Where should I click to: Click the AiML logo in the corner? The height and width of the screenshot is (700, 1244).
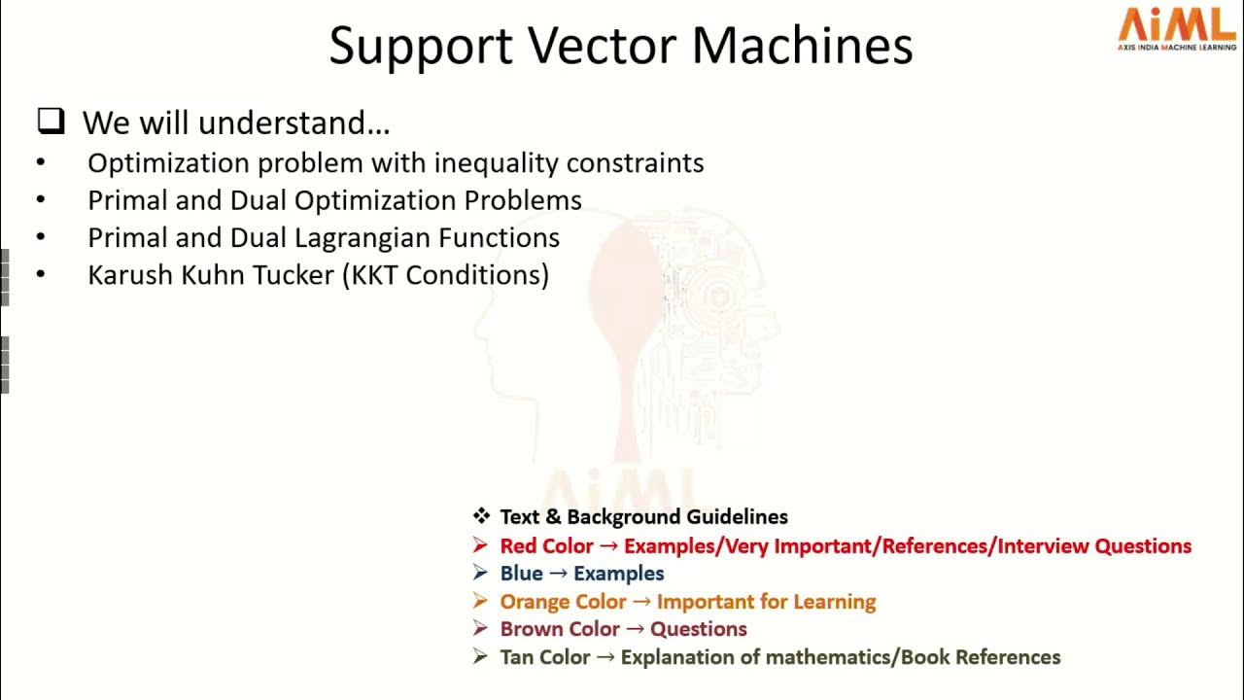pyautogui.click(x=1176, y=27)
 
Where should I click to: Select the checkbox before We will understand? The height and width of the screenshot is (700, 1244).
pyautogui.click(x=51, y=121)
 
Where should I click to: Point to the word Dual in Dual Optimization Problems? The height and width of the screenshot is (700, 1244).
pyautogui.click(x=259, y=200)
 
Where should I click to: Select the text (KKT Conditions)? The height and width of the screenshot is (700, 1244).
pyautogui.click(x=445, y=275)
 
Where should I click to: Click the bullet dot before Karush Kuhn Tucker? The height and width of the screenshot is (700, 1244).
pyautogui.click(x=41, y=275)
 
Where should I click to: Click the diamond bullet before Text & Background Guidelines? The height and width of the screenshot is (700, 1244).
pyautogui.click(x=481, y=516)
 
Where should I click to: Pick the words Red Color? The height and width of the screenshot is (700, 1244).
pyautogui.click(x=546, y=545)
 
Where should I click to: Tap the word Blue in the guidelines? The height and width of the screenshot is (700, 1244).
pyautogui.click(x=521, y=574)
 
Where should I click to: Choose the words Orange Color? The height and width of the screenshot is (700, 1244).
pyautogui.click(x=563, y=602)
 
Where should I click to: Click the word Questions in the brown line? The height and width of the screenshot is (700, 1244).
pyautogui.click(x=698, y=629)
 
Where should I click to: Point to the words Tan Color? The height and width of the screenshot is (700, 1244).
pyautogui.click(x=544, y=657)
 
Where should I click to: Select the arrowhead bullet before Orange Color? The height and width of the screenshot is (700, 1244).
pyautogui.click(x=480, y=602)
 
